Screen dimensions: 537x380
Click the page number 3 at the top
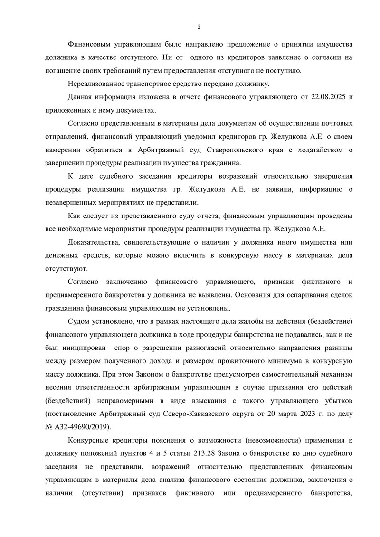click(x=199, y=27)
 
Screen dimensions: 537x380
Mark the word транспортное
click(x=158, y=84)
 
